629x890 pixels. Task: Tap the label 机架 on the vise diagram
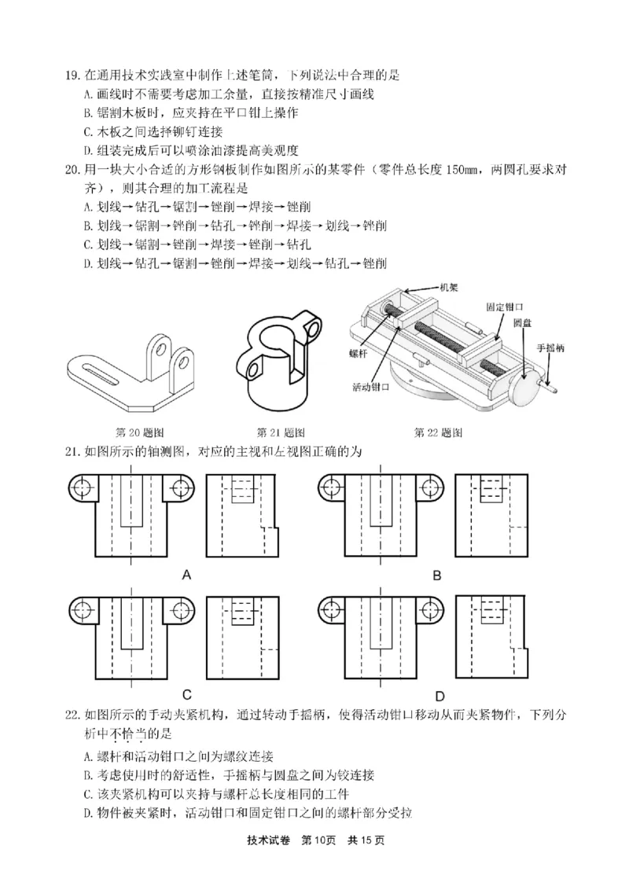(x=449, y=289)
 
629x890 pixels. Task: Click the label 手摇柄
(x=549, y=347)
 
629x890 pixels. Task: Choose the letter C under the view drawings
(x=187, y=694)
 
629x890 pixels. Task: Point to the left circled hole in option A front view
(x=80, y=487)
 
